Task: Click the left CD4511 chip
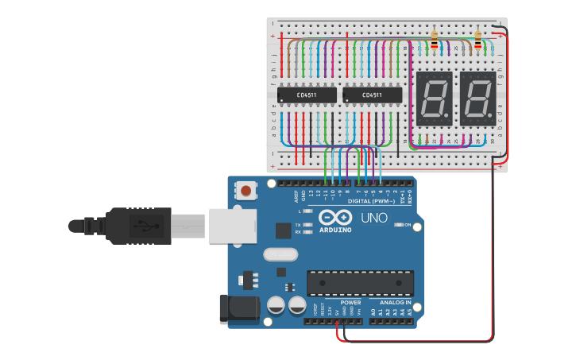click(306, 95)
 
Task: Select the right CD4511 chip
click(372, 95)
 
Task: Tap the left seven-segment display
click(435, 99)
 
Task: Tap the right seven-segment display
click(478, 99)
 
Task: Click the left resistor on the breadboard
click(434, 41)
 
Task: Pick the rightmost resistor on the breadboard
click(477, 41)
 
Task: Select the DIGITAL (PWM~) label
click(370, 202)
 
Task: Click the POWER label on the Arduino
click(350, 303)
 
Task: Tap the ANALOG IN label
click(394, 303)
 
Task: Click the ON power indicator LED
click(398, 225)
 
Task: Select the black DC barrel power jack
click(239, 309)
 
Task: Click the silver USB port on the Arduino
click(232, 226)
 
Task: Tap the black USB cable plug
click(139, 226)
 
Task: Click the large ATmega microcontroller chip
click(360, 282)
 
